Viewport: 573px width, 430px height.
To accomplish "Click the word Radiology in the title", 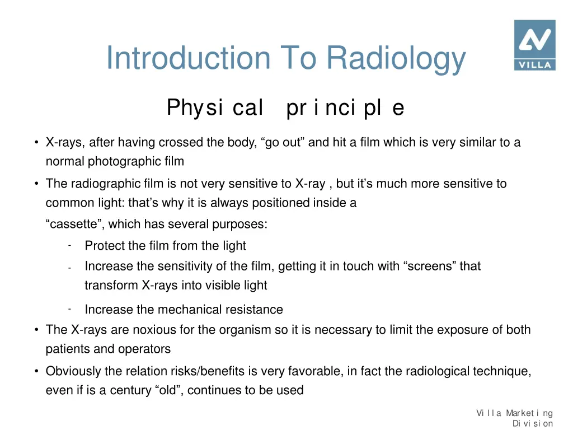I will tap(396, 58).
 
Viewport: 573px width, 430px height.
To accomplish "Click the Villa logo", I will tap(534, 45).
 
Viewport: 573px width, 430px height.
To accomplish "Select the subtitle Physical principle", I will tap(285, 107).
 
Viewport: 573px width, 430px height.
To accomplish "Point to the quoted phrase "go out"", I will tap(283, 142).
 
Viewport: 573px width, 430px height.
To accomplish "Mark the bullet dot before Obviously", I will tap(36, 371).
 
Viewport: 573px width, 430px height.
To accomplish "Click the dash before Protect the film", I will tap(68, 245).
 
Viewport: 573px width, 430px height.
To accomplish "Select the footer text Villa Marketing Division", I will tap(515, 418).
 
